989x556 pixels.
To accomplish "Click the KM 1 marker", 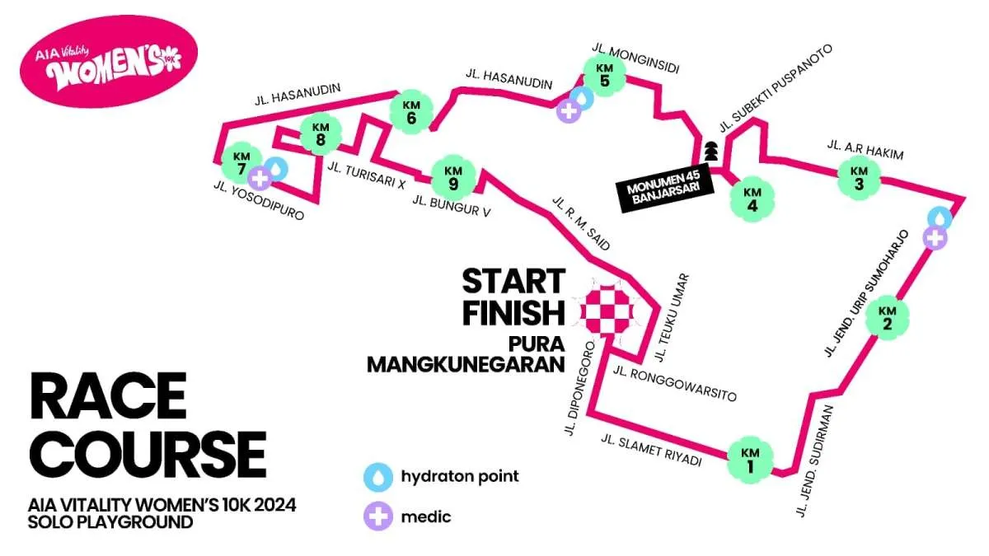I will pos(750,460).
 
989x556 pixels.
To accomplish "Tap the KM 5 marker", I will pos(604,75).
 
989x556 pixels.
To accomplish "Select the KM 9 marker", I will pos(452,177).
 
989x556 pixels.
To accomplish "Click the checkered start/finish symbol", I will pos(608,311).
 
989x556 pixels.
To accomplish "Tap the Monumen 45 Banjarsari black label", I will pos(663,192).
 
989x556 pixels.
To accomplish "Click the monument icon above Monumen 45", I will pos(710,152).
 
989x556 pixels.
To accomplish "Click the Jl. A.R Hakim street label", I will pos(865,150).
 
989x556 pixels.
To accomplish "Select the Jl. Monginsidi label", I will pos(635,58).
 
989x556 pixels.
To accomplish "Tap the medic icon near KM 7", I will pos(261,177).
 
